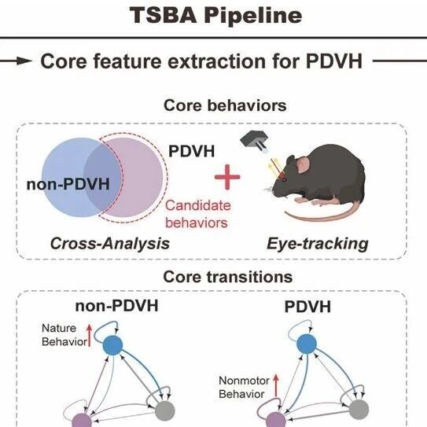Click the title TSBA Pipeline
point(215,15)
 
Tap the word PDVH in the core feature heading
point(334,61)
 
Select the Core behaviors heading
point(225,105)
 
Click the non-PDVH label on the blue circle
point(68,184)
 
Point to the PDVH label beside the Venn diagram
point(192,151)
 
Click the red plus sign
point(227,177)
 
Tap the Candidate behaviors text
point(198,214)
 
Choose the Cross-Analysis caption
point(110,243)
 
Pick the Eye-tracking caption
point(318,244)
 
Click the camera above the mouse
point(254,140)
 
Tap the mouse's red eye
point(283,179)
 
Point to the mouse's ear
point(303,166)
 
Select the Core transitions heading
point(228,277)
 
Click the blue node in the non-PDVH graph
point(112,344)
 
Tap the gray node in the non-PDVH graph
point(165,410)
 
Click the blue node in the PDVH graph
point(307,344)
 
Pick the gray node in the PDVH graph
point(359,410)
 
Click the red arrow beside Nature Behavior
point(89,335)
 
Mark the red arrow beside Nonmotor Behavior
point(276,385)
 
